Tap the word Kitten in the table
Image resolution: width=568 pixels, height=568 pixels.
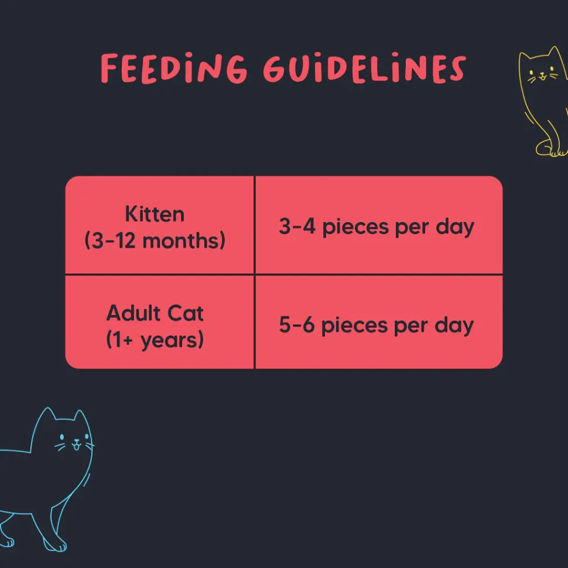pos(155,214)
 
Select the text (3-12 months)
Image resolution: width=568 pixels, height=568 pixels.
pos(155,241)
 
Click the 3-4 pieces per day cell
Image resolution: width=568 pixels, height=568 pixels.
pos(379,225)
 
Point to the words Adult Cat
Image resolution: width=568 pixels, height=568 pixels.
pos(155,313)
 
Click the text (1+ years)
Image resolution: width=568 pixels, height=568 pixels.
pos(155,340)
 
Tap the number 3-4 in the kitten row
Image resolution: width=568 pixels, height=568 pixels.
pos(297,226)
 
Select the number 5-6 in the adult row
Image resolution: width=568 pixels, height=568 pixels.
pos(297,324)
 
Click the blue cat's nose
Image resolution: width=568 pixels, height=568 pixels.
pos(77,441)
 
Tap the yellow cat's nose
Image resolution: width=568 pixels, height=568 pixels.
pos(542,74)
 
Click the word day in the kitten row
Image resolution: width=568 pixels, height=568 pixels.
pos(455,227)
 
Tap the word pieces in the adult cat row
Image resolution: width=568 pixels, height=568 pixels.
pos(354,326)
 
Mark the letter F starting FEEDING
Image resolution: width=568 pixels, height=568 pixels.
pos(110,69)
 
